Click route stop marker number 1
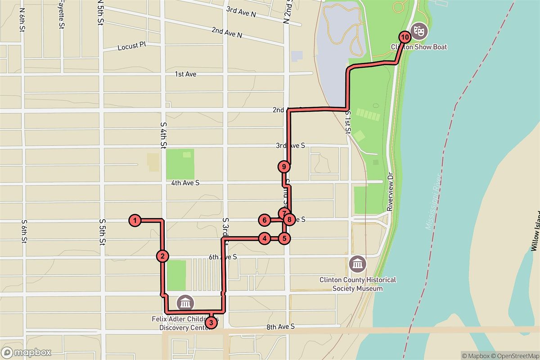pos(135,220)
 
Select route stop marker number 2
pos(162,256)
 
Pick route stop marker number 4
pos(264,238)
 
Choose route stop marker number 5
pos(283,238)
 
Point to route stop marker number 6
pos(264,220)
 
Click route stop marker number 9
pos(283,166)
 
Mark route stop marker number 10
pos(405,36)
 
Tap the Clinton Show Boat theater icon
pos(420,30)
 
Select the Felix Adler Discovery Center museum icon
pos(185,303)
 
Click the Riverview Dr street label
pos(390,191)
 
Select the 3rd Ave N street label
pos(241,12)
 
